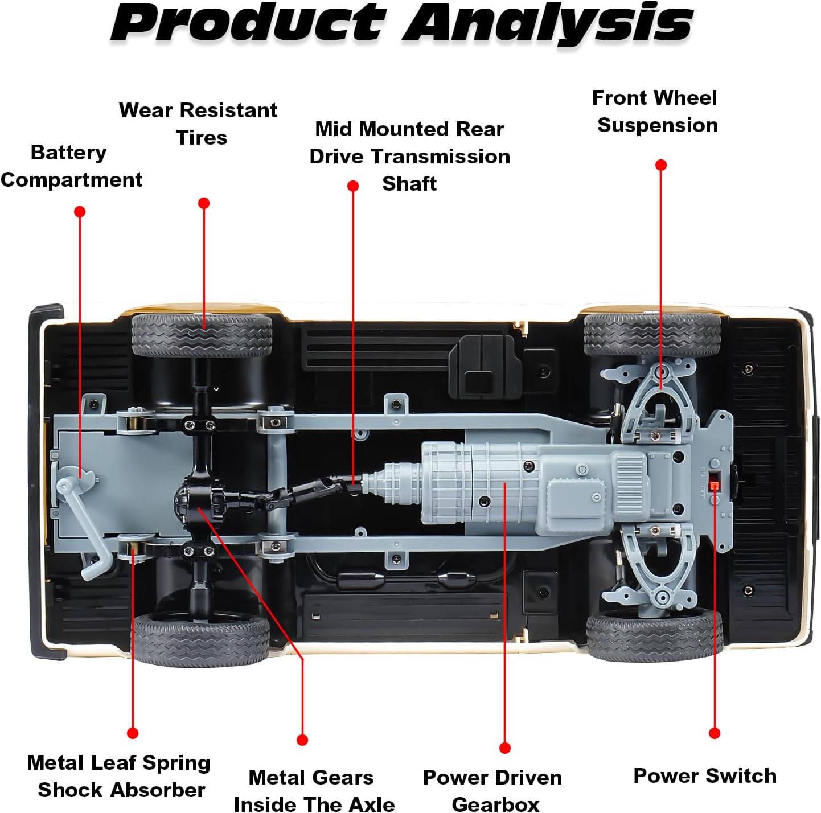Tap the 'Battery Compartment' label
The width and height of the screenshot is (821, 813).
(x=71, y=166)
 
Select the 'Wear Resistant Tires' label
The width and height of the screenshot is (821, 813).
(x=198, y=124)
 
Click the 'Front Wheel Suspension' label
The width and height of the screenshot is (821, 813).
(x=655, y=112)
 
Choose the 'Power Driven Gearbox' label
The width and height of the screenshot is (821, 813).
(x=492, y=791)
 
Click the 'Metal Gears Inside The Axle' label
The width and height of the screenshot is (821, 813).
(x=314, y=791)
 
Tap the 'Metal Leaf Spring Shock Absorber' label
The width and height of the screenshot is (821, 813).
(x=119, y=777)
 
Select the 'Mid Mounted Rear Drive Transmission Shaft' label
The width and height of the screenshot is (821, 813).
(x=410, y=157)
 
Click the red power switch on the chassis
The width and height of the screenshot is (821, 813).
(x=713, y=485)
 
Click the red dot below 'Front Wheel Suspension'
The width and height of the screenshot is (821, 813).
(x=661, y=165)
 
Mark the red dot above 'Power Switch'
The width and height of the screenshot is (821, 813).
(x=715, y=733)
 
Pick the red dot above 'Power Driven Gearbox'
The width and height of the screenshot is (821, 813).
(x=505, y=748)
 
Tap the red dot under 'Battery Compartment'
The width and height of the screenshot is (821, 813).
(x=80, y=211)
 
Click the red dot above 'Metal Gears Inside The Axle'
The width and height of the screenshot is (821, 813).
(x=302, y=740)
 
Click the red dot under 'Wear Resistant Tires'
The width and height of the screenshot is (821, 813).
(x=204, y=203)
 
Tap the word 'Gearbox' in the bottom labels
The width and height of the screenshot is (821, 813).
(x=495, y=804)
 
